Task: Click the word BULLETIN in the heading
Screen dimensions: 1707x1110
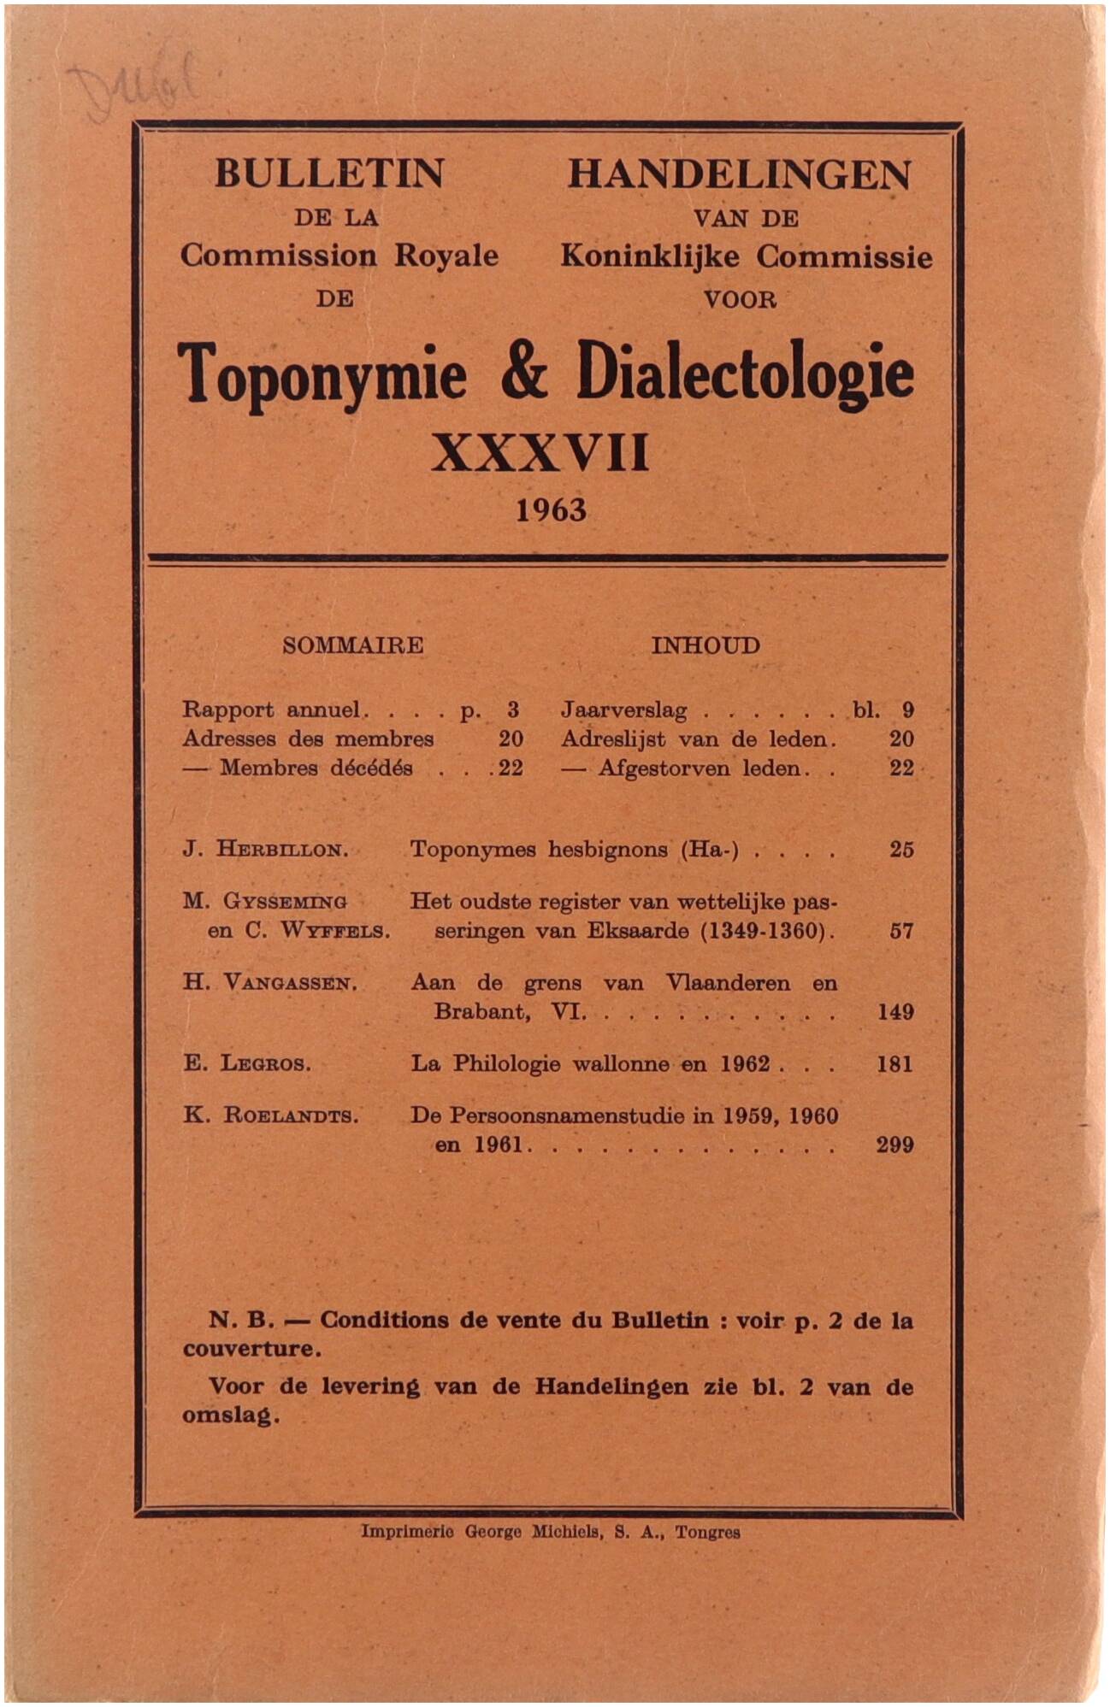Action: coord(329,174)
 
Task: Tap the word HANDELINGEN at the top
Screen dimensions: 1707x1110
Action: coord(739,175)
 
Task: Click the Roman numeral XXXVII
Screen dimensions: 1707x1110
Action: coord(540,453)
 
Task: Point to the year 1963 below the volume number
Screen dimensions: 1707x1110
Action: coord(551,510)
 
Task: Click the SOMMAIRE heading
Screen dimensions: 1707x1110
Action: coord(352,645)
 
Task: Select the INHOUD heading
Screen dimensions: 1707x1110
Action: coord(706,645)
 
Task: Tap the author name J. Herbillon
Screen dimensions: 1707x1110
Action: coord(265,850)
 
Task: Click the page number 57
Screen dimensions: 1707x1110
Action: coord(901,931)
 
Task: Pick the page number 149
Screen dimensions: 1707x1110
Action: coord(895,1012)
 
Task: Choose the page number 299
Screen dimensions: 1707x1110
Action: coord(894,1145)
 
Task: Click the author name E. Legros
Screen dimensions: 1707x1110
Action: coord(247,1064)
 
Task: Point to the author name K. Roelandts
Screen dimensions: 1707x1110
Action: coord(270,1115)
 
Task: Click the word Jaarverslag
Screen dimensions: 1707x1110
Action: coord(624,710)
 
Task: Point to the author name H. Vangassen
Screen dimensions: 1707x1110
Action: coord(269,983)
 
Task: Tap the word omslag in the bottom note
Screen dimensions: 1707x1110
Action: coord(230,1416)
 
